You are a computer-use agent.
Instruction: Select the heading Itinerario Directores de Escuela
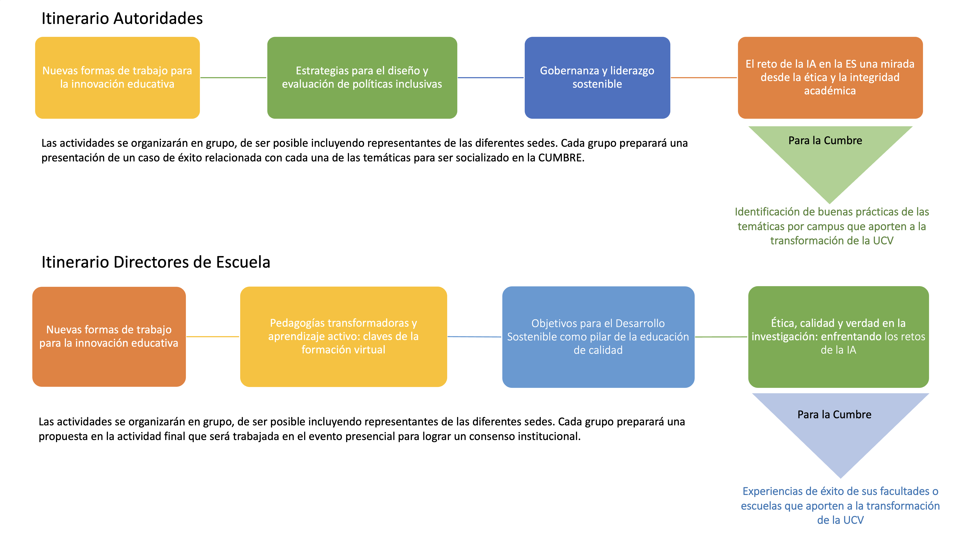(x=156, y=262)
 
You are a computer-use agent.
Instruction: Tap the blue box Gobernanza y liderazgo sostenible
(x=597, y=78)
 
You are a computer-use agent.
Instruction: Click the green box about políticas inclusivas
(x=362, y=78)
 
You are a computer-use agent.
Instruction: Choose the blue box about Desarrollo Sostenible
(x=598, y=337)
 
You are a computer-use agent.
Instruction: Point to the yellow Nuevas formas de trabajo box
(x=117, y=78)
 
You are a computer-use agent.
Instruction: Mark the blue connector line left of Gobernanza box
(x=490, y=78)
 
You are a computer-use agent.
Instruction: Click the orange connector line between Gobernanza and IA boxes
(x=704, y=78)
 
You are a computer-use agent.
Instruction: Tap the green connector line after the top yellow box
(x=233, y=78)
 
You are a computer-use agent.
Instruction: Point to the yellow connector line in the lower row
(x=212, y=337)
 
